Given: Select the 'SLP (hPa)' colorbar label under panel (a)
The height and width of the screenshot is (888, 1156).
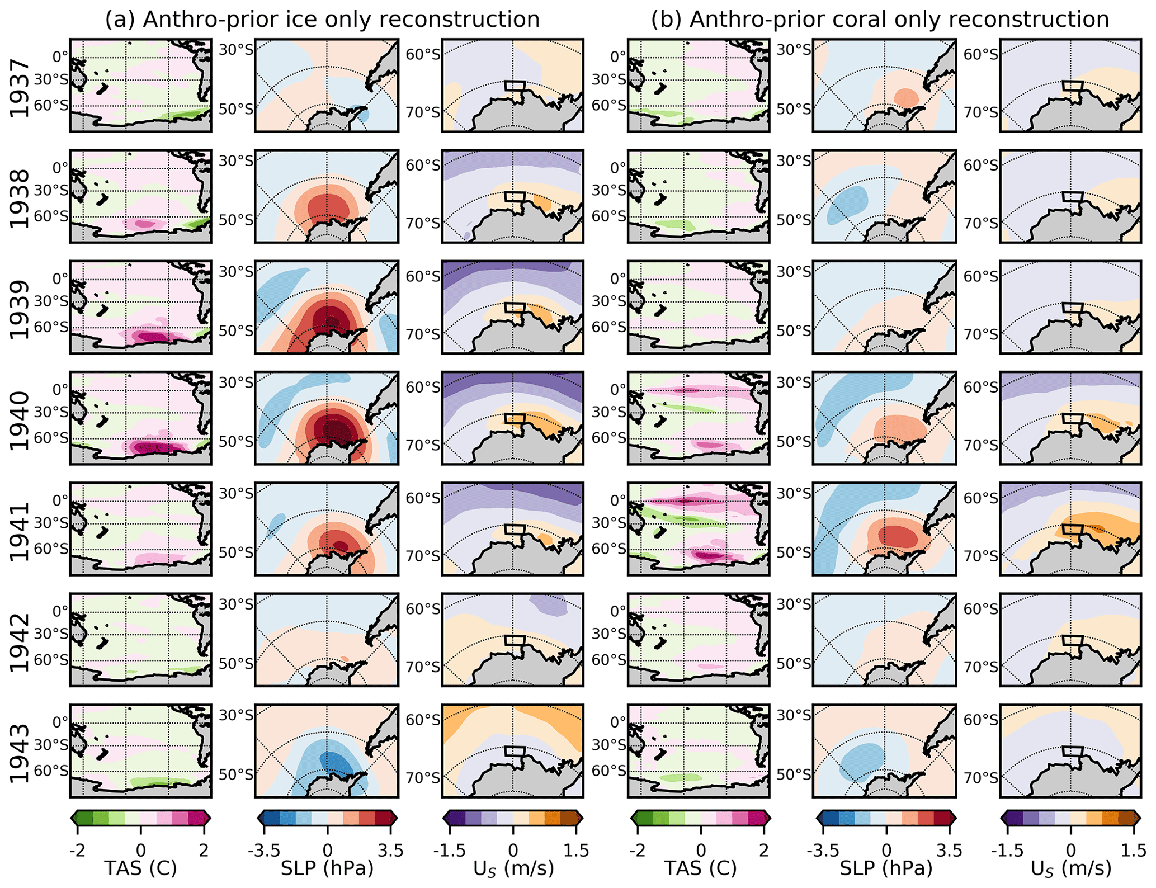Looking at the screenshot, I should coord(327,868).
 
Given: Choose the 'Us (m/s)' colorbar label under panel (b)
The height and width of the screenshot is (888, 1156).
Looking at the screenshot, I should coord(1071,868).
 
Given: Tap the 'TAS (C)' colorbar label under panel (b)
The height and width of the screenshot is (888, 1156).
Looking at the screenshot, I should coord(700,868).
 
